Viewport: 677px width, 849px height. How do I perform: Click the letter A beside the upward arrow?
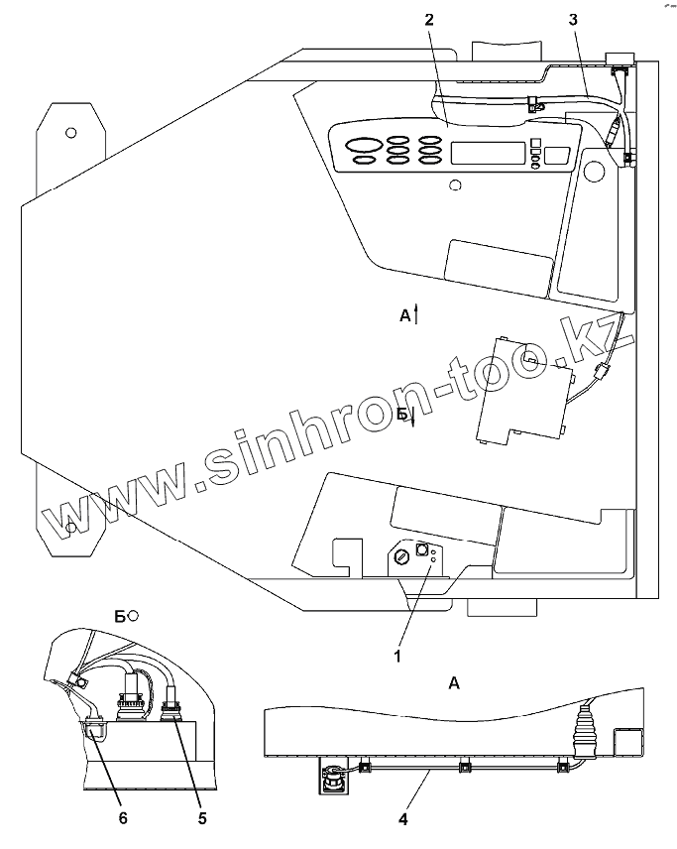pyautogui.click(x=404, y=315)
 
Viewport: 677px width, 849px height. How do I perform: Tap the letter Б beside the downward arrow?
pyautogui.click(x=401, y=416)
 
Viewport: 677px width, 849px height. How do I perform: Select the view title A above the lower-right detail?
pyautogui.click(x=454, y=682)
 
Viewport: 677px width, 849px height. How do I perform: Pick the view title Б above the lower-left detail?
pyautogui.click(x=120, y=616)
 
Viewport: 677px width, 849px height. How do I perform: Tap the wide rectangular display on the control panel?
pyautogui.click(x=487, y=153)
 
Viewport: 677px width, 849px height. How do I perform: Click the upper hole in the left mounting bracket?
pyautogui.click(x=70, y=132)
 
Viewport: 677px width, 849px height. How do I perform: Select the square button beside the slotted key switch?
pyautogui.click(x=421, y=548)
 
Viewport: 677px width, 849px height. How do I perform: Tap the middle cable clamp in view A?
pyautogui.click(x=464, y=766)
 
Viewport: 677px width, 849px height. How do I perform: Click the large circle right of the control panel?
pyautogui.click(x=594, y=172)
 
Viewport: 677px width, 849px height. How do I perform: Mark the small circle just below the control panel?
pyautogui.click(x=455, y=184)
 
